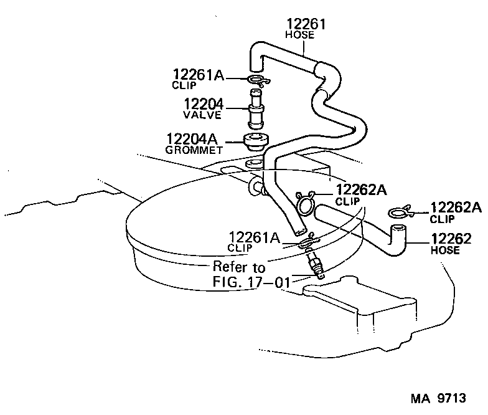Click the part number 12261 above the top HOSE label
(x=306, y=25)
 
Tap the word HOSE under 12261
(x=299, y=36)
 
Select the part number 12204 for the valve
(x=204, y=104)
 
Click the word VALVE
(x=199, y=115)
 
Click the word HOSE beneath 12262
(x=444, y=250)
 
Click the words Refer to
(x=239, y=267)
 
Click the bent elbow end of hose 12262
(x=396, y=239)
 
